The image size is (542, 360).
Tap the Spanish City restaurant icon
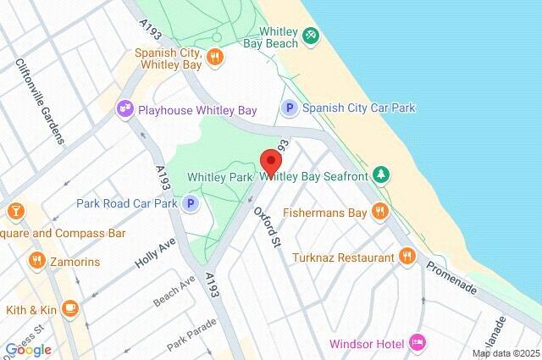tap(216, 58)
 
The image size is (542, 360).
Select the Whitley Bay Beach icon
tap(312, 36)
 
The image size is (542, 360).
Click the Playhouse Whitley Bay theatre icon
tap(126, 108)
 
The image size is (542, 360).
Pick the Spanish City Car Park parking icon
tap(290, 108)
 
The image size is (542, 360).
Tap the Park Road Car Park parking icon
tap(191, 203)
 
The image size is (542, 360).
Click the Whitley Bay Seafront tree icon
tap(382, 175)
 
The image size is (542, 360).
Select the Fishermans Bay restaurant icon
tap(381, 212)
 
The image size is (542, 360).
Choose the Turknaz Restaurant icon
tap(407, 257)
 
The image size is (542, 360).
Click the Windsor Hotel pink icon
tap(417, 342)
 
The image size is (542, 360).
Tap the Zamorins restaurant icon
tap(36, 259)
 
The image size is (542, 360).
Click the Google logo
tap(27, 350)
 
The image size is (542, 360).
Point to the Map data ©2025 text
tap(506, 353)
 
